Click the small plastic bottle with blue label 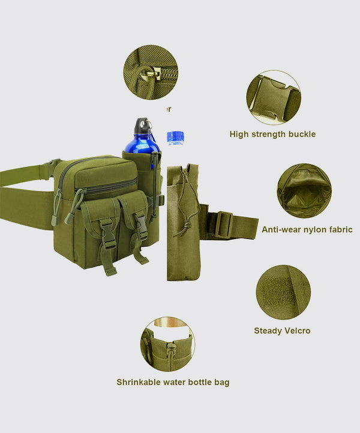pyautogui.click(x=175, y=138)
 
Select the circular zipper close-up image pyautogui.click(x=151, y=73)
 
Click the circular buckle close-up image pyautogui.click(x=273, y=97)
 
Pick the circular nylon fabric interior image pyautogui.click(x=304, y=190)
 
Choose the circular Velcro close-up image pyautogui.click(x=283, y=292)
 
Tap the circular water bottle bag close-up pyautogui.click(x=167, y=345)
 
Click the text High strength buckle pyautogui.click(x=272, y=134)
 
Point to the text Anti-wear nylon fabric pyautogui.click(x=307, y=229)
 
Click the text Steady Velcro pyautogui.click(x=282, y=330)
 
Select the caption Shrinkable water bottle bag pyautogui.click(x=173, y=382)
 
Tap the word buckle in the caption pyautogui.click(x=302, y=134)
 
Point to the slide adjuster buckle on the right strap pyautogui.click(x=223, y=225)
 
